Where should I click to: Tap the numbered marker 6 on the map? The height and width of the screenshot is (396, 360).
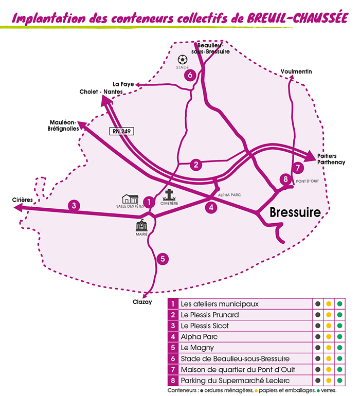tap(190, 76)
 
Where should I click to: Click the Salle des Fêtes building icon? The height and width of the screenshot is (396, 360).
tap(130, 198)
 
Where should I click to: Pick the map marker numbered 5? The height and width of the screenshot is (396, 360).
tap(163, 259)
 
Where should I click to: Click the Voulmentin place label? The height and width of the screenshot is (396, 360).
tap(297, 72)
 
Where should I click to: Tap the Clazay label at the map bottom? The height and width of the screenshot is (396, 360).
tap(142, 302)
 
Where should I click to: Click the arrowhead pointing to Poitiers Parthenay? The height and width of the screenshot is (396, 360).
tap(310, 155)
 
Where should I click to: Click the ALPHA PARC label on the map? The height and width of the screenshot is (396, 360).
tap(229, 195)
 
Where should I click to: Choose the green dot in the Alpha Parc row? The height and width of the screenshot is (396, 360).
tap(339, 336)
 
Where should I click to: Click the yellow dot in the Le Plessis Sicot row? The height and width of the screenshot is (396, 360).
tap(329, 326)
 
